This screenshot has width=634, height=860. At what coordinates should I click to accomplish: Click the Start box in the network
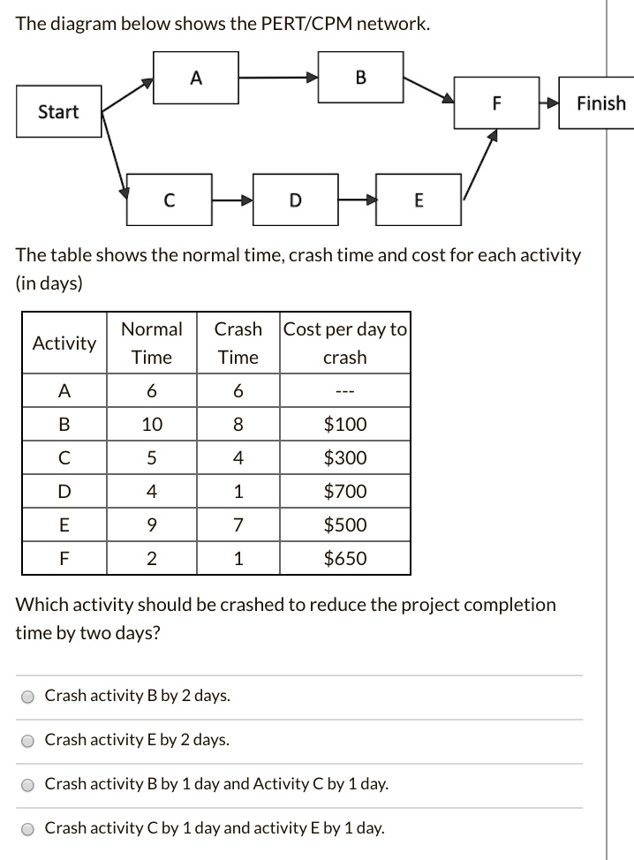coord(58,111)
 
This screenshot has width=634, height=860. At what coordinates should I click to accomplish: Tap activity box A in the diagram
coord(196,77)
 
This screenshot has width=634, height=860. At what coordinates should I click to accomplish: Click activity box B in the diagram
coord(359,77)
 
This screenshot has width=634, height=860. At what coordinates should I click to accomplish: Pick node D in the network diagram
coord(295,200)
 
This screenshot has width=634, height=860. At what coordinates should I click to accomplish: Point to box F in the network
coord(496,103)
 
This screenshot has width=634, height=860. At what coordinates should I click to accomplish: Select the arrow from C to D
coord(232,200)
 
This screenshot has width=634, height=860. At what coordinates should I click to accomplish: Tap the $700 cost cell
coord(344,491)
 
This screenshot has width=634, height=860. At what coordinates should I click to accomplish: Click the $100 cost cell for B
coord(344,424)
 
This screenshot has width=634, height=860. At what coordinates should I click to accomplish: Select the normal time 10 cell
coord(152,424)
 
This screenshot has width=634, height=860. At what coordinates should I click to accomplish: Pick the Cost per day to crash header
coord(344,343)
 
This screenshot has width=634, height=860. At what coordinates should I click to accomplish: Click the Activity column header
coord(64,343)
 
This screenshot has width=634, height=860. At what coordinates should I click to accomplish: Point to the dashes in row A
coord(344,391)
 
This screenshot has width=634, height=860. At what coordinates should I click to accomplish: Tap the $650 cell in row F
coord(344,558)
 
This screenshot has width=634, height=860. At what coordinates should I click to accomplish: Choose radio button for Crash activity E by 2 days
coord(28,741)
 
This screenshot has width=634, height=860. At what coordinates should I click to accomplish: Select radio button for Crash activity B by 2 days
coord(28,697)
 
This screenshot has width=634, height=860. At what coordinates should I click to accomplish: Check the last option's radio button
coord(28,829)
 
